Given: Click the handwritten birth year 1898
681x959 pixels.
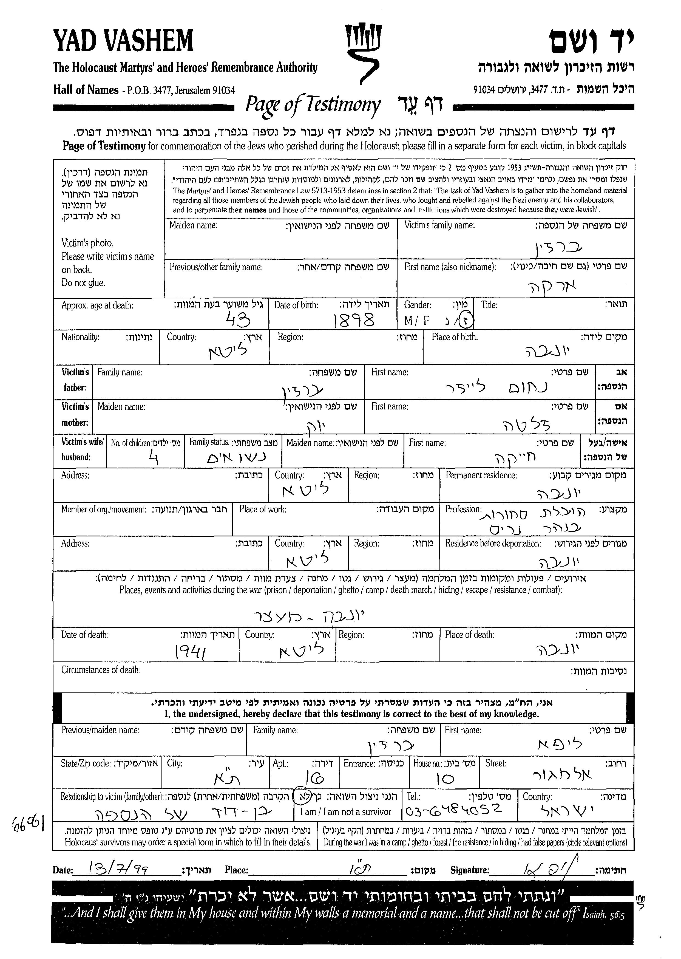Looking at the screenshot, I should coord(353,321).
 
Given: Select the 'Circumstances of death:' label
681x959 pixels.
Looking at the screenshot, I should coord(101,670).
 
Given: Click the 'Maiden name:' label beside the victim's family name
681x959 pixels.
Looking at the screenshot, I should coord(193,225).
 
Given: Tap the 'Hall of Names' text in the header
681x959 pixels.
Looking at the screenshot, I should coord(86,90).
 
